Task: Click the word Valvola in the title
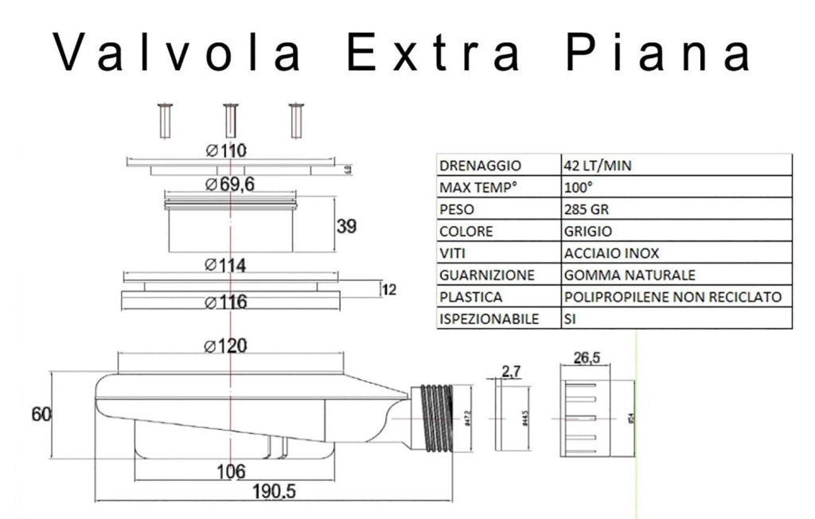pos(177,53)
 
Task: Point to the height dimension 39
pos(346,226)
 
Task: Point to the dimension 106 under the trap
pos(231,471)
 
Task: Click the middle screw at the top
pos(230,120)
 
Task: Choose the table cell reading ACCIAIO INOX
pos(610,253)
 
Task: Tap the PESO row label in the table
pos(455,209)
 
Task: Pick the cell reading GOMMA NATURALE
pos(629,275)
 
